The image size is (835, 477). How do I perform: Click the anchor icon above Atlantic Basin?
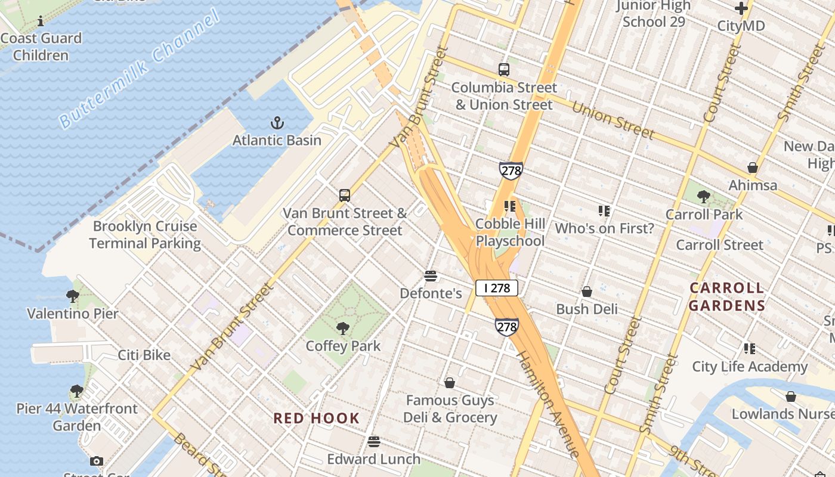pos(277,123)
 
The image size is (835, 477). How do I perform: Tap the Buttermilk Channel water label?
pos(140,70)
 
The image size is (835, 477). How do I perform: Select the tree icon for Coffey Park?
pos(343,328)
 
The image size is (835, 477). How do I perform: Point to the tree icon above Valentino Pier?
pos(73,296)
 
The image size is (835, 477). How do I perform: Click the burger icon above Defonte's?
pos(431,275)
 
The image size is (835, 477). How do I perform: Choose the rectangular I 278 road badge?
pos(496,288)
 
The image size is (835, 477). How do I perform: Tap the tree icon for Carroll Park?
pos(704,197)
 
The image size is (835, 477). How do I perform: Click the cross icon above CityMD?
pos(741,8)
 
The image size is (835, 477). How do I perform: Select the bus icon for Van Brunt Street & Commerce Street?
pos(345,195)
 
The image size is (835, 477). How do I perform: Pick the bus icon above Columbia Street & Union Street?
pos(504,70)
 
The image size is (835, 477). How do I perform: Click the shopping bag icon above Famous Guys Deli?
pos(450,382)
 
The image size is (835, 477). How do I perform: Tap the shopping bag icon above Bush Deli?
pos(587,292)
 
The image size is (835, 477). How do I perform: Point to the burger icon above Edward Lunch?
pos(374,441)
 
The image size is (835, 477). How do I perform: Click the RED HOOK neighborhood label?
pos(317,418)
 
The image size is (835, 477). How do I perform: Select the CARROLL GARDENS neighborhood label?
pos(727,297)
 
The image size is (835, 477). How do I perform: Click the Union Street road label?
pos(613,121)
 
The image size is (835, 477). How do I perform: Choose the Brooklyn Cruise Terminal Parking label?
pos(145,235)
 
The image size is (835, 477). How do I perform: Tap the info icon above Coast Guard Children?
pos(41,21)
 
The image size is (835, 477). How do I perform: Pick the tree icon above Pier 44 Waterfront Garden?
pos(76,391)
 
